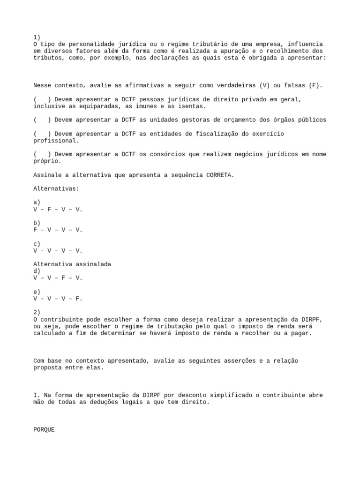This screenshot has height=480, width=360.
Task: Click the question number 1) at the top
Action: pos(37,37)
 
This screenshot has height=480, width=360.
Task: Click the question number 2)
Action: pos(37,312)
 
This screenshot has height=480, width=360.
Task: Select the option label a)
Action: pos(37,202)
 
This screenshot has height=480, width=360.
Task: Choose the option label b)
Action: pos(37,223)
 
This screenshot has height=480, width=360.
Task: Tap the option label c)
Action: pos(37,244)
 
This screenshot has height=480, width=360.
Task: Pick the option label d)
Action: pos(37,271)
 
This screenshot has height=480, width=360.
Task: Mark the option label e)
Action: pos(37,292)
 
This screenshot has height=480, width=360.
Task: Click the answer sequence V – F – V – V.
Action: pos(58,209)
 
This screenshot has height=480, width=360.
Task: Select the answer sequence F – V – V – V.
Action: pos(58,230)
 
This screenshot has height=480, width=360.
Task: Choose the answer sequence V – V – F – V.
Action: pos(58,278)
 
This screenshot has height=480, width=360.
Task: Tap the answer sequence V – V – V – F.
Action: pos(58,299)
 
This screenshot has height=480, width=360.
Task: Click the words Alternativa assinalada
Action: pos(72,264)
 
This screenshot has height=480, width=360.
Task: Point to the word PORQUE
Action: pos(44,429)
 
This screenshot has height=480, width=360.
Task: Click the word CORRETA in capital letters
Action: pos(218,175)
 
